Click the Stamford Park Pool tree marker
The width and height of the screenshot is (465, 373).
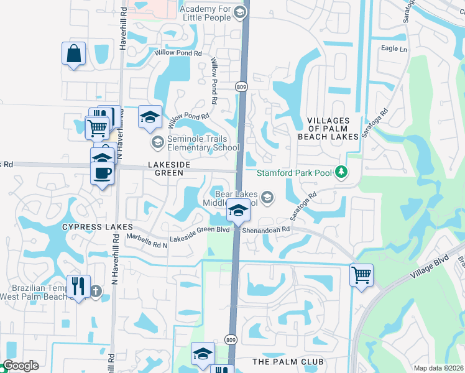pos(340,171)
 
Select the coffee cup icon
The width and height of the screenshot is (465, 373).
pos(103,173)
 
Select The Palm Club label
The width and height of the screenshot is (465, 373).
pos(288,361)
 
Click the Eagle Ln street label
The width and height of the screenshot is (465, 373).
pos(394,49)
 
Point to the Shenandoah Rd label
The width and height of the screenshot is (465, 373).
pos(267,229)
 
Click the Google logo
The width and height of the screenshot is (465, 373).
pos(21,366)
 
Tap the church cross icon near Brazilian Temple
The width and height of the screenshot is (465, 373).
pos(96,291)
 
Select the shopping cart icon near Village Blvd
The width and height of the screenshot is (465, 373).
pos(361,274)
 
